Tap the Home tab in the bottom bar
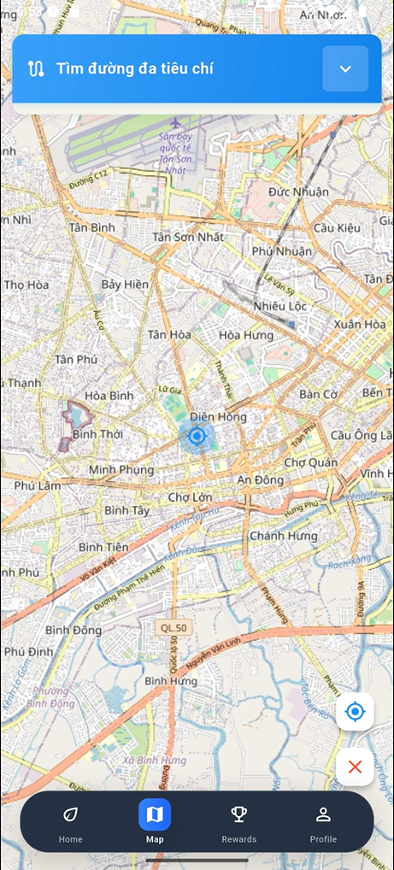click(71, 821)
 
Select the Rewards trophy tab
click(238, 821)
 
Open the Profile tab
click(323, 821)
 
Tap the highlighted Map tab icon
click(155, 815)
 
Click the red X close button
click(355, 767)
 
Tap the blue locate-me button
click(355, 711)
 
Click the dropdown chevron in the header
click(345, 69)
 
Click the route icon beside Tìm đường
click(36, 69)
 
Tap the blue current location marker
click(197, 437)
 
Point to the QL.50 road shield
click(173, 628)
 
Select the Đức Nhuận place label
click(297, 191)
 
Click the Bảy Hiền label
click(125, 284)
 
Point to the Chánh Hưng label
click(283, 536)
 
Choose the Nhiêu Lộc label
click(279, 306)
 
